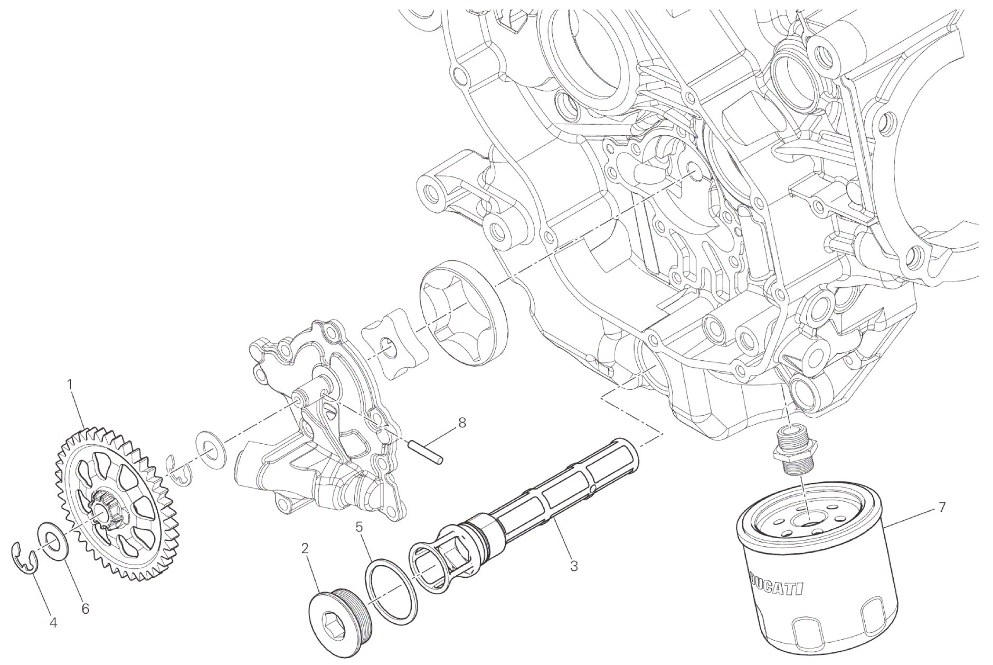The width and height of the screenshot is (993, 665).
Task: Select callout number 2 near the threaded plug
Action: (x=305, y=549)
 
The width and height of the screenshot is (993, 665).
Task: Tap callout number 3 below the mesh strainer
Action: (x=574, y=567)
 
